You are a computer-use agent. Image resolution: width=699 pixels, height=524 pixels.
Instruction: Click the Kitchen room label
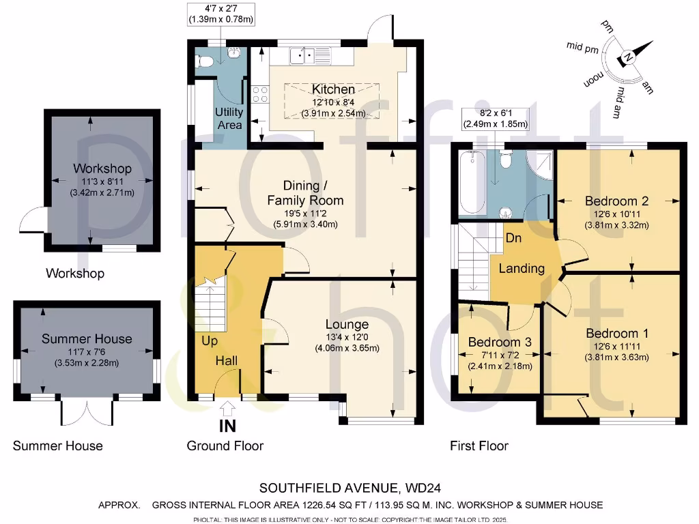tap(333, 89)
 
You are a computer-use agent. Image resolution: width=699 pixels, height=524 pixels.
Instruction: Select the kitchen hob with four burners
tap(259, 92)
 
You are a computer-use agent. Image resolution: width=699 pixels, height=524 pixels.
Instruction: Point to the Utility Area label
tap(229, 118)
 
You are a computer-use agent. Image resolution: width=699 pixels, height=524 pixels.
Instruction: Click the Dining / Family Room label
tap(305, 193)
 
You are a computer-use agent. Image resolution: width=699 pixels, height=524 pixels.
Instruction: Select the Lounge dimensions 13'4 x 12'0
tap(347, 336)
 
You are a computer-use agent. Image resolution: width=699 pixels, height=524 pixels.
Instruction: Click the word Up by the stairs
tap(210, 340)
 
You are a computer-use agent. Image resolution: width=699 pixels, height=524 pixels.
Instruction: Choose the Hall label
tap(229, 360)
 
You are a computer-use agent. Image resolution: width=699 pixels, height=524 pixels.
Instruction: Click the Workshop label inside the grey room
tap(102, 169)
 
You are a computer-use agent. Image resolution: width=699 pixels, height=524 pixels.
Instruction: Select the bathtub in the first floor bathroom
tap(471, 184)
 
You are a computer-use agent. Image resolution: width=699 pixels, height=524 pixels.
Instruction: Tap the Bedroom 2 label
tap(616, 201)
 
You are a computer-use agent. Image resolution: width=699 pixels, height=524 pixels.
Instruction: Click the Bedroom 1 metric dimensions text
tap(616, 358)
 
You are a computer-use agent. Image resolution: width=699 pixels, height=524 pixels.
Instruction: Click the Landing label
tap(522, 268)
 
